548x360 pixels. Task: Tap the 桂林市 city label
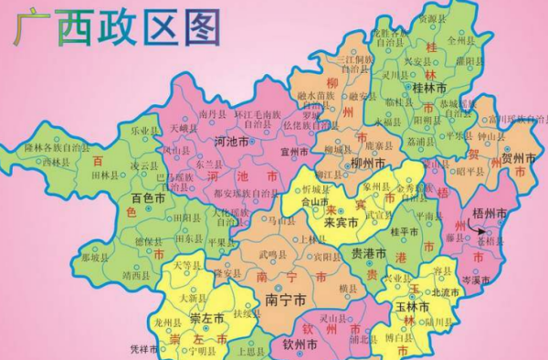429,88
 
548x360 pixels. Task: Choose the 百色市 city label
148,197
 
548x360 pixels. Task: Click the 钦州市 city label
300,344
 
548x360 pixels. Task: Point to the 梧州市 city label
490,213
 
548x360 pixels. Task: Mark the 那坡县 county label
94,258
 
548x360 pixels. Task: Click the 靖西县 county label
134,272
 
